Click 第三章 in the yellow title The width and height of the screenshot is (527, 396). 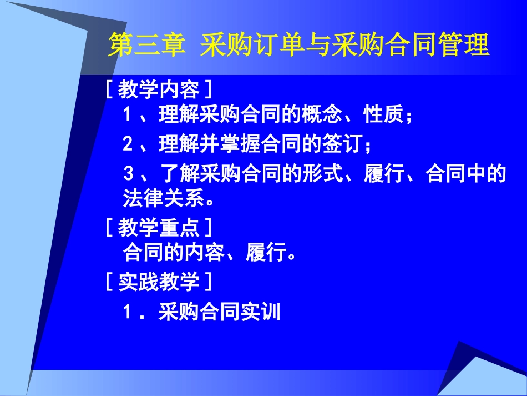145,45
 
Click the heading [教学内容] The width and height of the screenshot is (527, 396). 158,88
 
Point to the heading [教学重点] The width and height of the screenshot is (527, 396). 158,227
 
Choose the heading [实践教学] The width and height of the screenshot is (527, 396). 158,282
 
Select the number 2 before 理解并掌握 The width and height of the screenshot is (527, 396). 128,145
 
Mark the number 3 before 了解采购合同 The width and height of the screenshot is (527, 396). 128,174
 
